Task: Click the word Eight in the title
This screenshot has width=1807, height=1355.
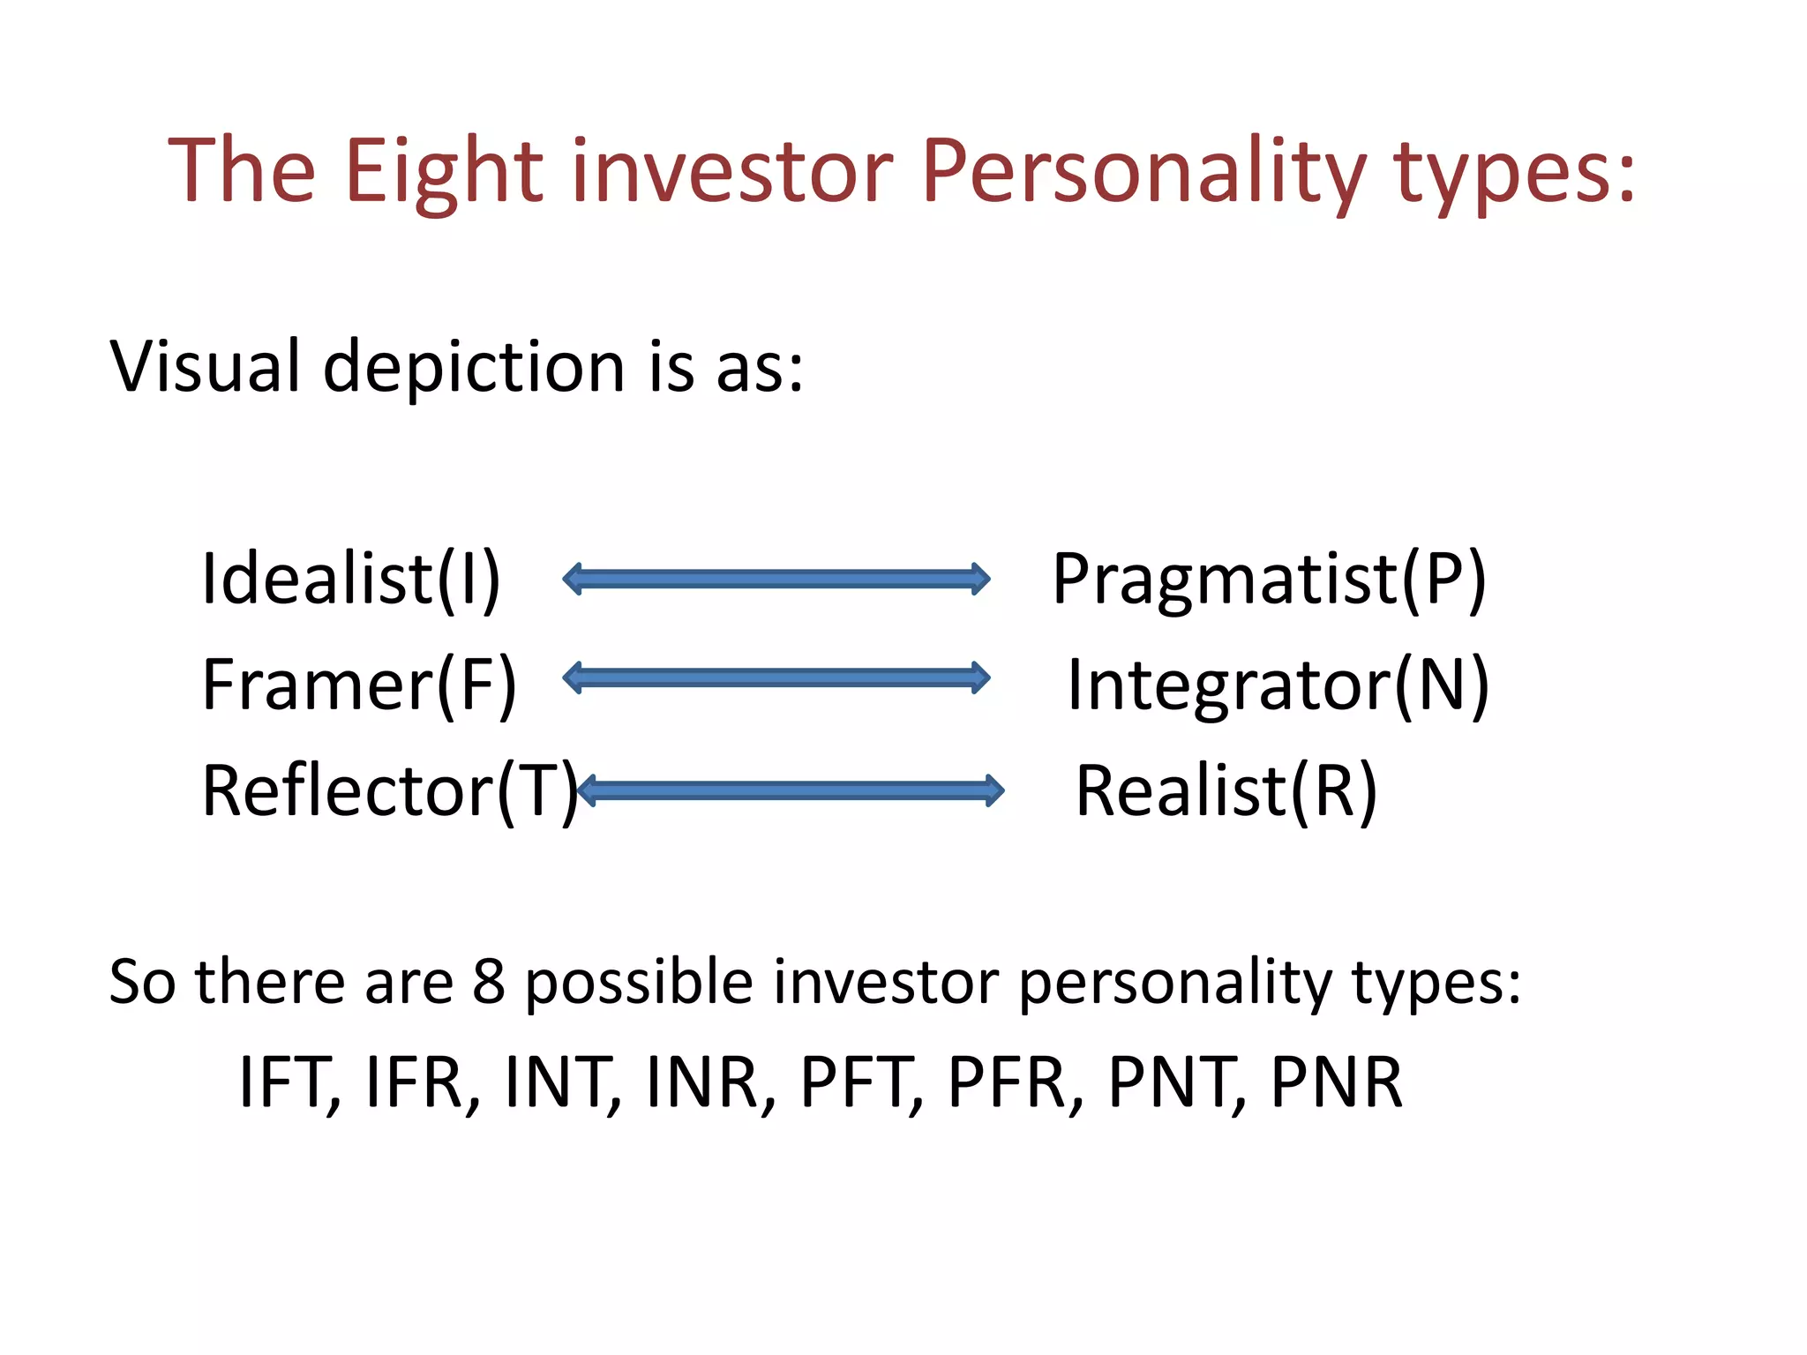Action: [443, 172]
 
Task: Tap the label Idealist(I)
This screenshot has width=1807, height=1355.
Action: [351, 580]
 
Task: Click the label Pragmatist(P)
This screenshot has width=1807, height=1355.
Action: [1269, 580]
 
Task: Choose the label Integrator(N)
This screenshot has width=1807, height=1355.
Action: [1278, 685]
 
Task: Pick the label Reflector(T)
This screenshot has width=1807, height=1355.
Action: [389, 791]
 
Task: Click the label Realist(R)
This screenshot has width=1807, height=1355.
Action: [1226, 791]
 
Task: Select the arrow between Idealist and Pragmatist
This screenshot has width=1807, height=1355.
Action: [776, 580]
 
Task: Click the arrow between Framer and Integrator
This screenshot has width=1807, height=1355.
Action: [776, 678]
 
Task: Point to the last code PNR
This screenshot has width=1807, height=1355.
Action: [1336, 1083]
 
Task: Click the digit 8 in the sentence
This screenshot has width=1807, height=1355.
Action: [489, 982]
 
